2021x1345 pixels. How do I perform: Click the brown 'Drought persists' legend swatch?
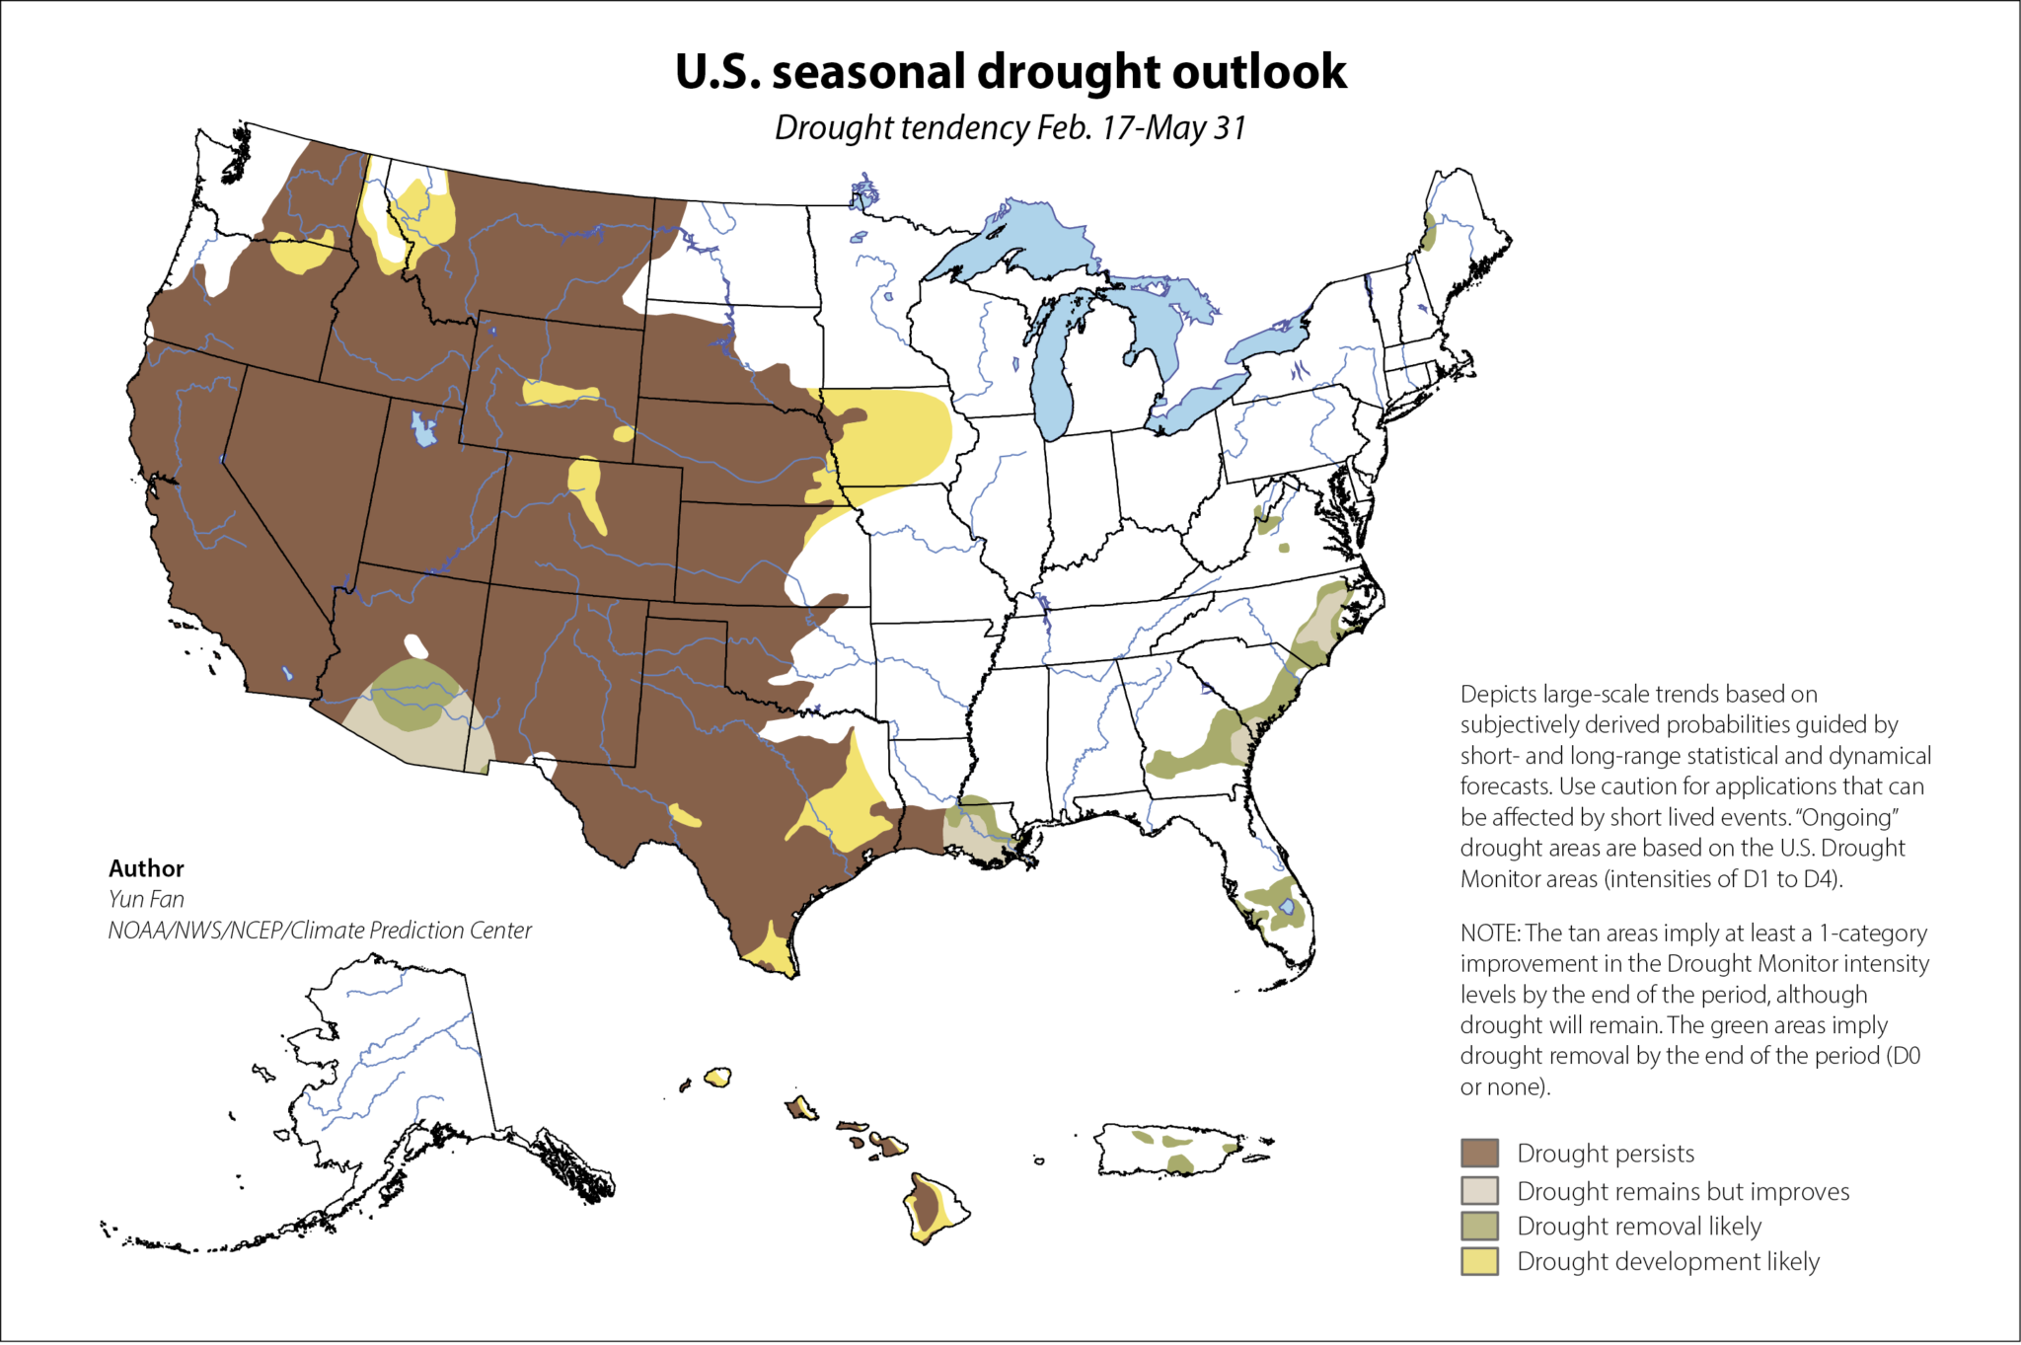click(1479, 1153)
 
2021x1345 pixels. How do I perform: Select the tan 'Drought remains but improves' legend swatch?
click(1479, 1190)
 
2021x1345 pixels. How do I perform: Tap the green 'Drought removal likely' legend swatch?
click(1479, 1226)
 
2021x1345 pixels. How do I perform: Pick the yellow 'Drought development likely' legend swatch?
click(1479, 1261)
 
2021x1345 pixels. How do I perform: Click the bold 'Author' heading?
click(146, 868)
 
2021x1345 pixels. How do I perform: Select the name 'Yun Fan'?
click(146, 899)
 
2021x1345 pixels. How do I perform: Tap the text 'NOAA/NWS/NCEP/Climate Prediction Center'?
click(320, 931)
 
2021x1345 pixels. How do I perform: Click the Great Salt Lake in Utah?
click(423, 429)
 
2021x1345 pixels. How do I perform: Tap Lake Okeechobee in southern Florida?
click(1286, 906)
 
